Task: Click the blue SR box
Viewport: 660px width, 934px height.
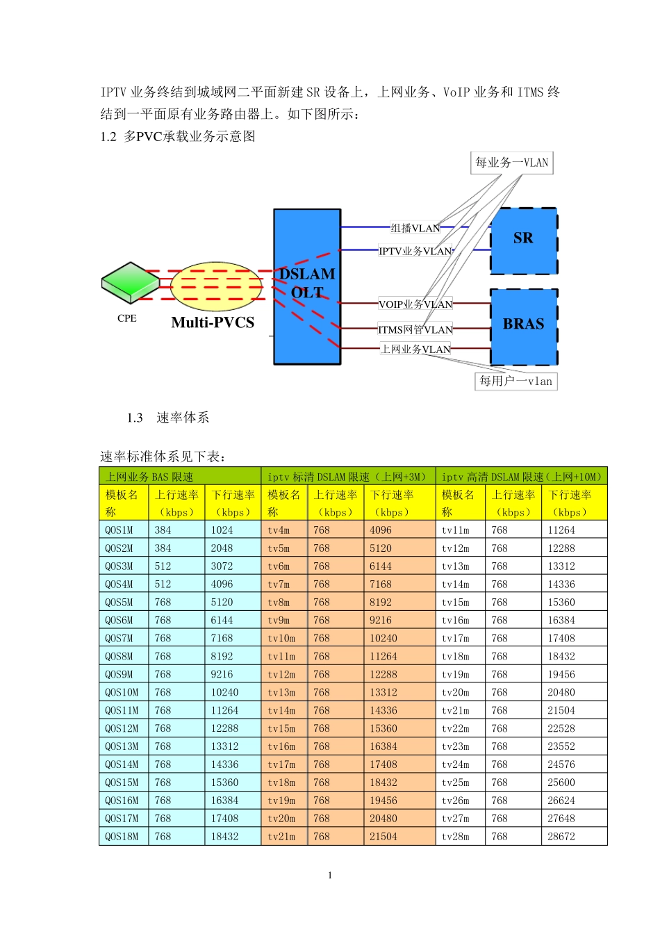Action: pyautogui.click(x=524, y=241)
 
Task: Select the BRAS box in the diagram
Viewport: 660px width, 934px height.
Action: pyautogui.click(x=524, y=327)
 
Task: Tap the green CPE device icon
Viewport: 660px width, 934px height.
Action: pyautogui.click(x=131, y=282)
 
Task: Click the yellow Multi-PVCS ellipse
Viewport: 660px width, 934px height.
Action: pyautogui.click(x=216, y=286)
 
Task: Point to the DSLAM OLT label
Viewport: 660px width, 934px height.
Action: pyautogui.click(x=307, y=283)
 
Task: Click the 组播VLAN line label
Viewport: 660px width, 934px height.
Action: pyautogui.click(x=415, y=228)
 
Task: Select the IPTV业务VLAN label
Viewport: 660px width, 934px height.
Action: pyautogui.click(x=415, y=251)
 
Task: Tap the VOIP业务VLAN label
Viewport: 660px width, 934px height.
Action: pyautogui.click(x=415, y=304)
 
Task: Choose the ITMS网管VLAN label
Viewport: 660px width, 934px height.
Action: pyautogui.click(x=415, y=329)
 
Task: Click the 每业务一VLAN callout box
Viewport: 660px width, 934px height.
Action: pyautogui.click(x=511, y=163)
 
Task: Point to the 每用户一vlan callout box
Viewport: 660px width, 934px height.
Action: pyautogui.click(x=515, y=381)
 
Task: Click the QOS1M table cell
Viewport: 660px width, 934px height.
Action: pyautogui.click(x=124, y=530)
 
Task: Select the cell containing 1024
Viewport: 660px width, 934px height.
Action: pyautogui.click(x=233, y=530)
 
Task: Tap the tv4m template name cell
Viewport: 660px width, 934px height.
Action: pyautogui.click(x=285, y=530)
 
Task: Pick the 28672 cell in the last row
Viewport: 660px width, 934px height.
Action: pyautogui.click(x=574, y=836)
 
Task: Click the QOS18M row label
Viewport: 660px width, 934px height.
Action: pyautogui.click(x=124, y=836)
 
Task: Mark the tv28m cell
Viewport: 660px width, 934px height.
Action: pyautogui.click(x=461, y=836)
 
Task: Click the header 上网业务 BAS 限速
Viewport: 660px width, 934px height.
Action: pyautogui.click(x=149, y=477)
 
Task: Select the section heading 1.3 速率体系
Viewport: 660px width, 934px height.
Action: pyautogui.click(x=167, y=418)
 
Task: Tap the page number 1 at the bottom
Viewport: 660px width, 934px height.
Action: pyautogui.click(x=330, y=875)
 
